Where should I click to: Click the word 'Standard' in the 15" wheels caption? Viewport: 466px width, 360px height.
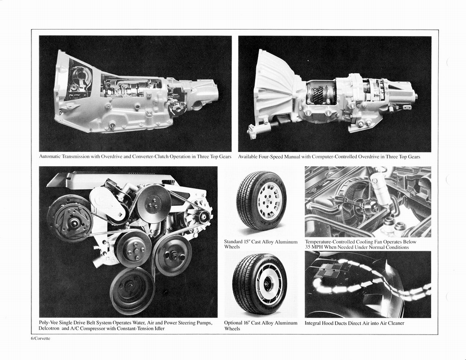tap(234, 242)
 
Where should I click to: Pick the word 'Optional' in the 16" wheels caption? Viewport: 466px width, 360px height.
tap(234, 323)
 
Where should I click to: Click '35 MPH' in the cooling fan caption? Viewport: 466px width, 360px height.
tap(314, 247)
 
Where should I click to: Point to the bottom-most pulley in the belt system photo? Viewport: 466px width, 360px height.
tap(132, 290)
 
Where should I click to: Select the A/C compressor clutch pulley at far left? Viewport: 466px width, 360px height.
tap(70, 219)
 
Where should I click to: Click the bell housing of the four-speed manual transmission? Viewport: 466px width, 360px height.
tap(273, 89)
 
